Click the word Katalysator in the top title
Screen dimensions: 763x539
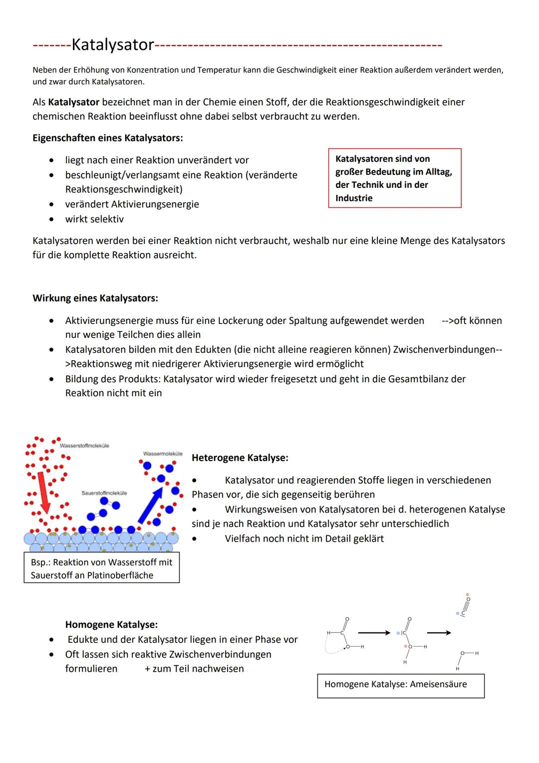[113, 45]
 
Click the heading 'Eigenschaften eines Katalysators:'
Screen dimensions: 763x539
[107, 138]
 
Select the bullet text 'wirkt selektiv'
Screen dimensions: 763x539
[94, 219]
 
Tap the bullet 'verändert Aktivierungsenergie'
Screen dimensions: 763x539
[132, 204]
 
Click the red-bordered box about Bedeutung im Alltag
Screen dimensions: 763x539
[394, 178]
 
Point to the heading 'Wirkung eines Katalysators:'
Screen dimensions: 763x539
[95, 298]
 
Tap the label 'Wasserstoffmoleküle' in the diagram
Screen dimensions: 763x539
[84, 446]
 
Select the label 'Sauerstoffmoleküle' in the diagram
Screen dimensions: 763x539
[104, 493]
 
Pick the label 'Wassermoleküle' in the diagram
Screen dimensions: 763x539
[163, 454]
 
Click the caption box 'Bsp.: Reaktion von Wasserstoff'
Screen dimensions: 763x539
[101, 569]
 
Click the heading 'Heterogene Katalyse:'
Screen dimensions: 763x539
[240, 458]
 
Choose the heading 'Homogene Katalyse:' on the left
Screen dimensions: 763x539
[111, 625]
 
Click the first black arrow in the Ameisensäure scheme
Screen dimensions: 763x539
[374, 633]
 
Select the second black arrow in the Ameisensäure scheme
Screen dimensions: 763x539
[439, 633]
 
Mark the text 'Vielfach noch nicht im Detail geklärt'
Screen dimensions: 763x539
[304, 539]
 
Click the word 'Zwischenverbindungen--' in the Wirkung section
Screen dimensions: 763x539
[447, 349]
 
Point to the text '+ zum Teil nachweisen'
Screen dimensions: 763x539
[194, 669]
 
